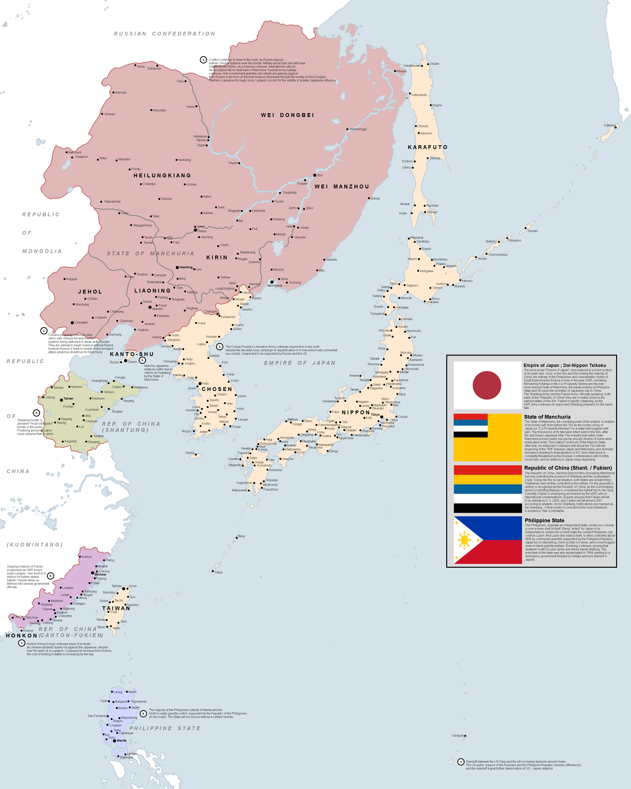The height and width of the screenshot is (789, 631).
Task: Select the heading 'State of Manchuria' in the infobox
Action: [547, 417]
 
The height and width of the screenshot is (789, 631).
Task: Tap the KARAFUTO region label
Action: [427, 147]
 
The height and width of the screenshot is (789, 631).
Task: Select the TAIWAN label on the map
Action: [116, 608]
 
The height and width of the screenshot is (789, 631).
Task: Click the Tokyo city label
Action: [375, 415]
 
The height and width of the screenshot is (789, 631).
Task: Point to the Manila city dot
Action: [115, 741]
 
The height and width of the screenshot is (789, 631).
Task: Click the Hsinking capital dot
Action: [177, 268]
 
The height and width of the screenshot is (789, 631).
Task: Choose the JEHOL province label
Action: [90, 292]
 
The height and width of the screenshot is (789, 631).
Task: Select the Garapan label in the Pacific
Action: [457, 735]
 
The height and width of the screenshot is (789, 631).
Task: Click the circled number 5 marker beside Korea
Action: [219, 347]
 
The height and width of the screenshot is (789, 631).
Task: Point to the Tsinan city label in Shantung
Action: [68, 399]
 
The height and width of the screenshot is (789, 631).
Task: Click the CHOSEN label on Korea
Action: [217, 389]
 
